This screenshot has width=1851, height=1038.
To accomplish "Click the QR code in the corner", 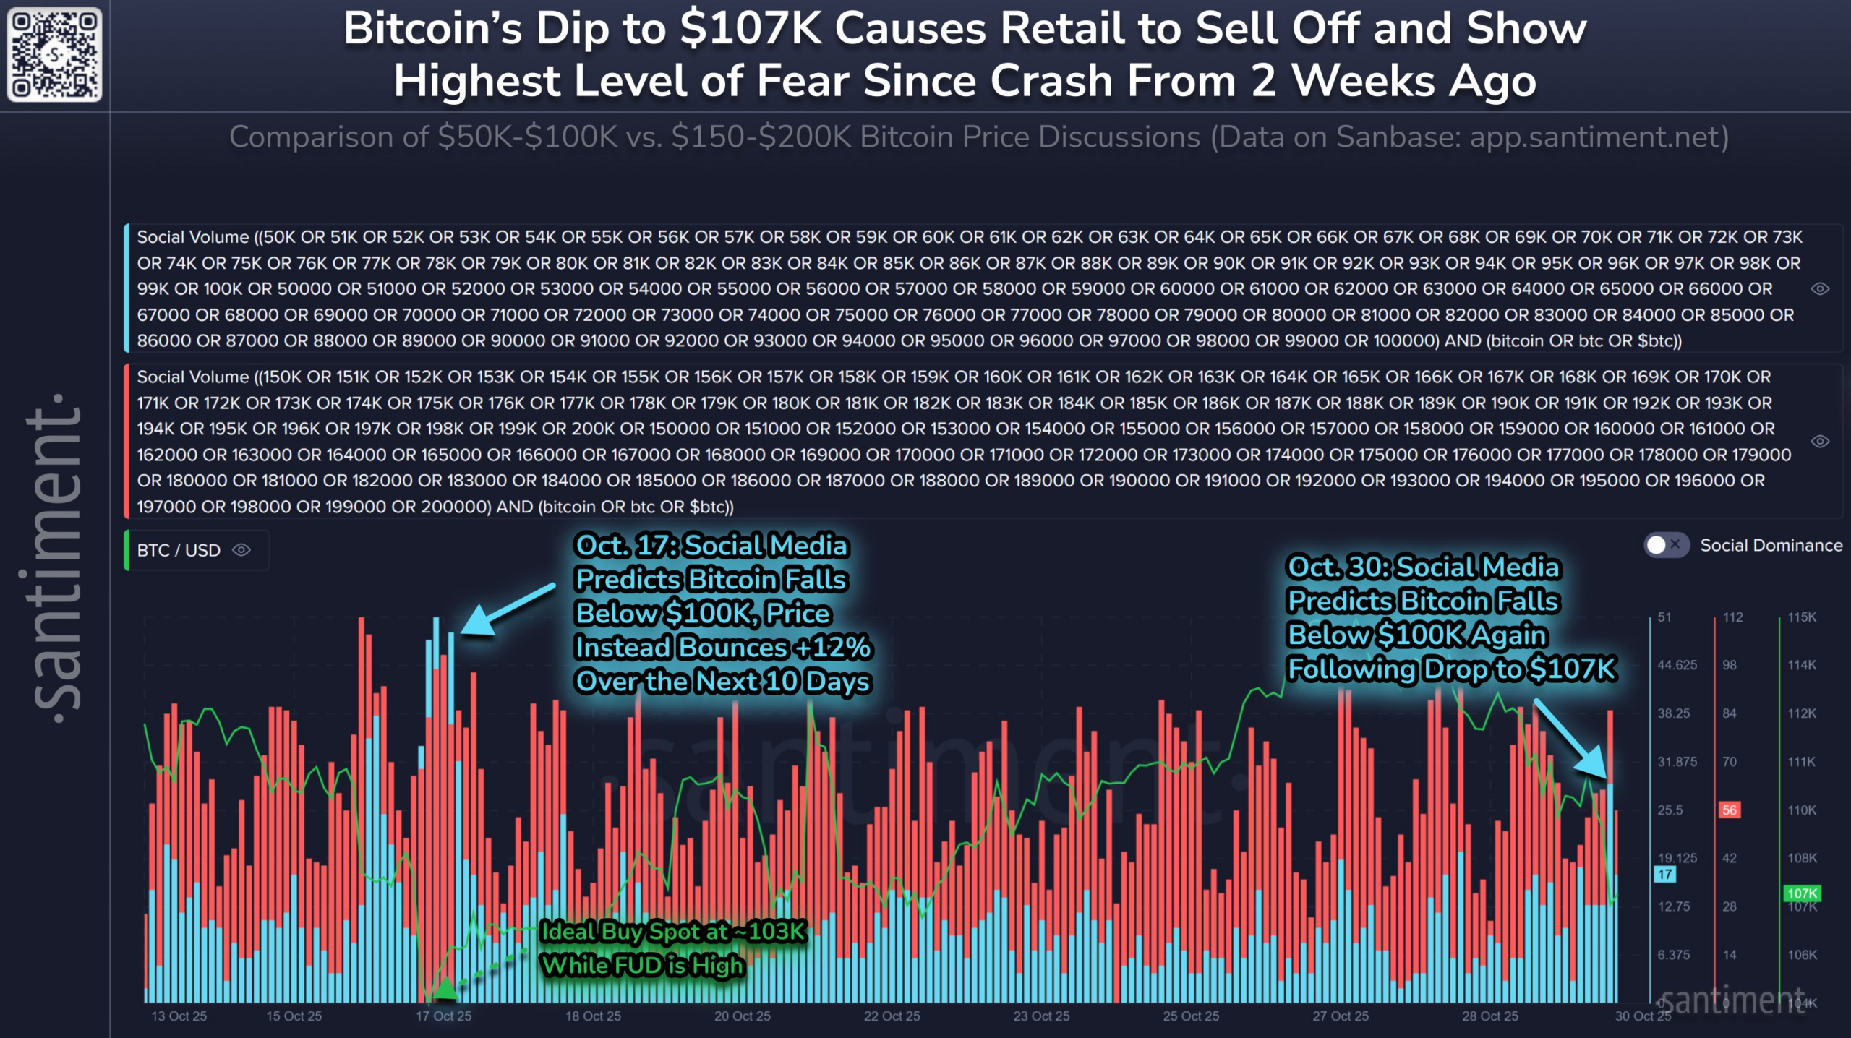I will point(54,54).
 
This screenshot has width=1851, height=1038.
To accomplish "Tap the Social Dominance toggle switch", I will point(1665,545).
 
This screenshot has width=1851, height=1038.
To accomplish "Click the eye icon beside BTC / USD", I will point(241,550).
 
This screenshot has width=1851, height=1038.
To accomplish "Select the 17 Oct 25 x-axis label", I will point(443,1016).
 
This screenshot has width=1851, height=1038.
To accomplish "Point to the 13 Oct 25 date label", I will point(179,1016).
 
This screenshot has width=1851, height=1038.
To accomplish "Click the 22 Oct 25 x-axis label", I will point(892,1016).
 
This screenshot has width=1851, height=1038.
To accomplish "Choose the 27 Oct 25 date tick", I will point(1341,1016).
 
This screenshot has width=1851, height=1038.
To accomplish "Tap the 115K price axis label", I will point(1802,617).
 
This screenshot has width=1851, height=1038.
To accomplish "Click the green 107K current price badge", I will point(1802,893).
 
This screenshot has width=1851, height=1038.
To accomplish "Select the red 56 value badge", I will point(1729,810).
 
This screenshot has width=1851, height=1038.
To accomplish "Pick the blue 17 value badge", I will point(1664,875).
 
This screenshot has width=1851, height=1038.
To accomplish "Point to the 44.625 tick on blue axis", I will point(1677,665).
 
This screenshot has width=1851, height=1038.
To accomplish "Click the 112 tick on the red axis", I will point(1732,617).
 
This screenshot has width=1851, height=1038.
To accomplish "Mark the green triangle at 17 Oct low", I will point(445,987).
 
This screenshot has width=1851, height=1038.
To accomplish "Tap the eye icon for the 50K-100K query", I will point(1820,289).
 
